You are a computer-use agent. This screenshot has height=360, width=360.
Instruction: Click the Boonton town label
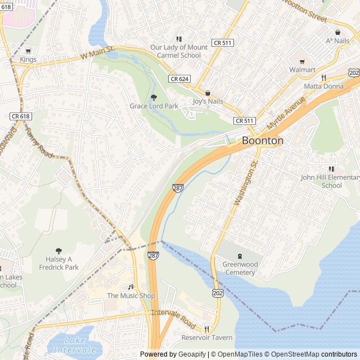coord(262,141)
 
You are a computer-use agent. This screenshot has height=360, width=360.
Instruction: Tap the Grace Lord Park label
coord(154,106)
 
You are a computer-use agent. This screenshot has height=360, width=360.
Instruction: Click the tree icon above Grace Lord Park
coord(154,97)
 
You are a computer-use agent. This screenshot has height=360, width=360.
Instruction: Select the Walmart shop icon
coord(301,61)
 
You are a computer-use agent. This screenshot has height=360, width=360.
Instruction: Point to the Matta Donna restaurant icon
coord(323,78)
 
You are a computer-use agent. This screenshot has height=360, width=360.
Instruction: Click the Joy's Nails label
coord(208,101)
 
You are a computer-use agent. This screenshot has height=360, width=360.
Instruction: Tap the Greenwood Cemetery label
coord(240,268)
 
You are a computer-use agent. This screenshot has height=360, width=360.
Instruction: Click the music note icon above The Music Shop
coord(131,287)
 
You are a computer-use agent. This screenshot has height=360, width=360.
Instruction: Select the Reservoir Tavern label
coord(206,337)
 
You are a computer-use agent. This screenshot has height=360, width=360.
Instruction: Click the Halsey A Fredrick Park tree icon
coord(58,251)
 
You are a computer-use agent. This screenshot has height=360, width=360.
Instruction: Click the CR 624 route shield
coord(179,79)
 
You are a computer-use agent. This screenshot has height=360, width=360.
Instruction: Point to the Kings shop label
coord(28,60)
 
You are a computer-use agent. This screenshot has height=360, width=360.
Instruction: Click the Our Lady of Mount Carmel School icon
coord(179,39)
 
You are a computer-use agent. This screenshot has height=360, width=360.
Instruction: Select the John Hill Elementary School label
coord(330,181)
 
